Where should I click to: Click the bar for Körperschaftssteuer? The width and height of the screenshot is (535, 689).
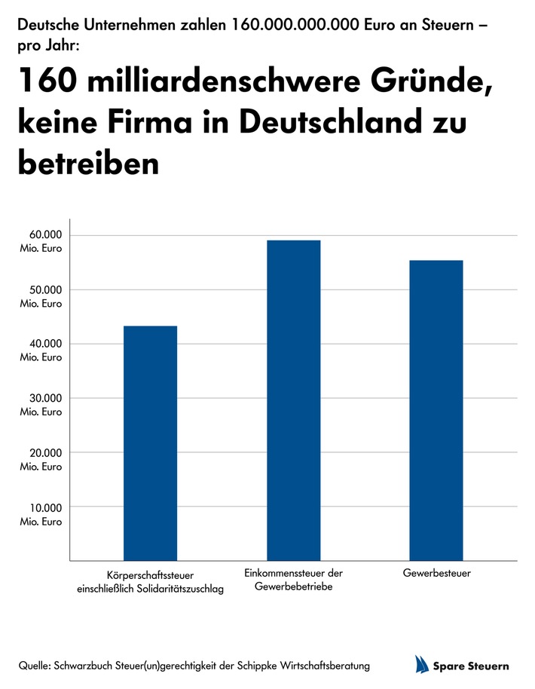point(150,443)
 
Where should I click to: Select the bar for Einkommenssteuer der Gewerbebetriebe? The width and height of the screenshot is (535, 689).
point(293,400)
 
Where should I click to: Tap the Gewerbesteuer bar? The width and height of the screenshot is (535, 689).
point(436,410)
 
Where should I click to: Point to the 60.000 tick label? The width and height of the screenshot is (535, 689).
point(41,240)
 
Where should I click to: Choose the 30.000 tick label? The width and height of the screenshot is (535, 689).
point(41,403)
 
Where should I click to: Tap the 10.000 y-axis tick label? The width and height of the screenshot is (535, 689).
point(41,512)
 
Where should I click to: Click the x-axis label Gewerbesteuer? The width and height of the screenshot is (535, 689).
point(437,574)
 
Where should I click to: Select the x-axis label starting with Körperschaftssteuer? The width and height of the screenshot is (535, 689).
point(150,582)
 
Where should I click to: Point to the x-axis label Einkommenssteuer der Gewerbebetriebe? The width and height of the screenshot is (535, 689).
point(294,579)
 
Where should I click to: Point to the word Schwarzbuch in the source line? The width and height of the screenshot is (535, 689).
point(93,666)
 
